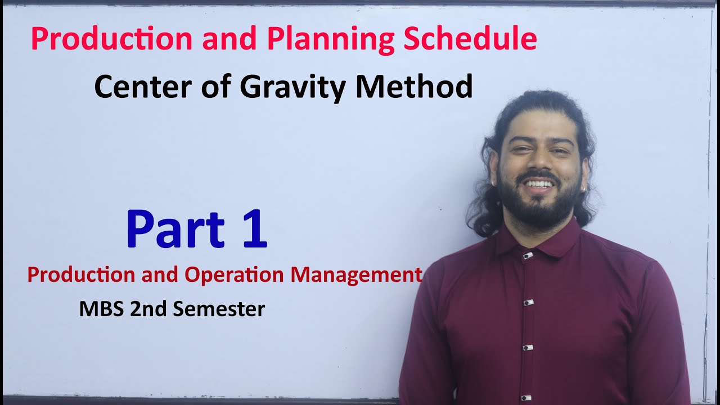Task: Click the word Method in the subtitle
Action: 414,87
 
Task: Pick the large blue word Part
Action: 175,229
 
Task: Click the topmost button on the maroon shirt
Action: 527,256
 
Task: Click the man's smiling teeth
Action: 539,184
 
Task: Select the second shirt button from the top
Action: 527,303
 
